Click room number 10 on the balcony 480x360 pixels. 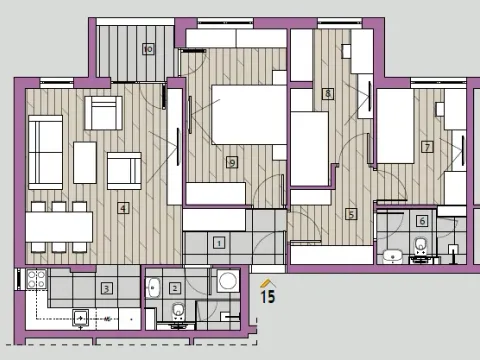[148, 48]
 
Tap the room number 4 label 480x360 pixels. [123, 209]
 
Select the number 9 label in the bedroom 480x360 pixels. [232, 162]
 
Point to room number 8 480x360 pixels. [327, 94]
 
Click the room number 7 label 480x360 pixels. [427, 147]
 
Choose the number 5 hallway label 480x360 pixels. [351, 213]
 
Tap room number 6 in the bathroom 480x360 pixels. [422, 221]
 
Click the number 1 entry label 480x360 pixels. [219, 241]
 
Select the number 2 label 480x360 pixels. [175, 288]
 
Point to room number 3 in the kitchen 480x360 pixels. [107, 288]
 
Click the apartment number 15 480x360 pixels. [267, 296]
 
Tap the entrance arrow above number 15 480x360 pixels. [267, 283]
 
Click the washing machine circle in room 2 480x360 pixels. [227, 281]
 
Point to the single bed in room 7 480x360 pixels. [395, 127]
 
